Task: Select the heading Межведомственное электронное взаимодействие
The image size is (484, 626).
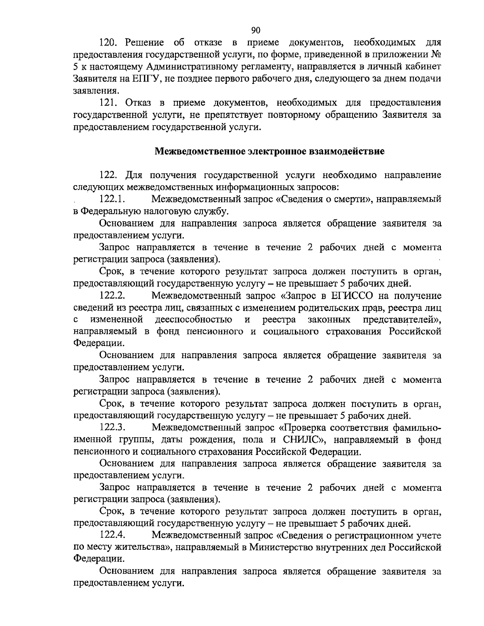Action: [270, 152]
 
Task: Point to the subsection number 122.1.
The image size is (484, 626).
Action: [113, 199]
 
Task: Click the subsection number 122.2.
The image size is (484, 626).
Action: [113, 296]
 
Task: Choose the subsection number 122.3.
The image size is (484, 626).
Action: [113, 428]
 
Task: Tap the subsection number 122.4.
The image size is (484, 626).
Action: [113, 536]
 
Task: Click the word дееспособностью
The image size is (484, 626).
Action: [194, 320]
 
